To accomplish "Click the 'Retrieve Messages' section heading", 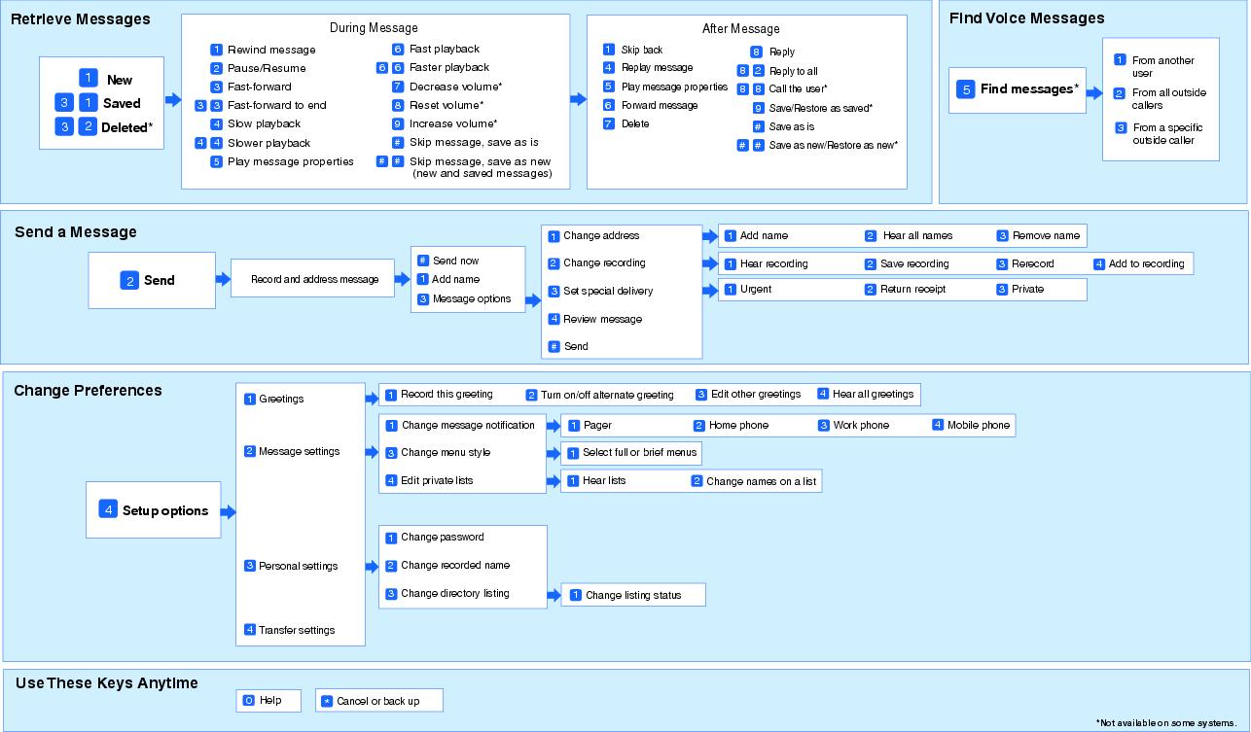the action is pos(81,19).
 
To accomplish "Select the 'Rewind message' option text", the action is pos(271,50).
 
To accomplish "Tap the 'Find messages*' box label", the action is pos(1029,89).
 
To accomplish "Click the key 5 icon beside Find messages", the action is pos(966,89).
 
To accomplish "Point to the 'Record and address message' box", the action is pos(313,278).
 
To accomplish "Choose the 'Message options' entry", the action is pos(472,298).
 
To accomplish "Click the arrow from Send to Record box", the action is pos(223,279).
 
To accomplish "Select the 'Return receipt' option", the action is pos(912,289).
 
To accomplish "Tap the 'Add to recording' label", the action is pos(1146,263).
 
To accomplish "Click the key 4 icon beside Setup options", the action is pos(108,509).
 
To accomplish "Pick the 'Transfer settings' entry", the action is pos(297,630).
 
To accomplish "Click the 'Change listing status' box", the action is pos(633,595).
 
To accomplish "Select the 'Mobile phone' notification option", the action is pos(979,425).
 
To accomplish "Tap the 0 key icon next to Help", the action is pos(249,700).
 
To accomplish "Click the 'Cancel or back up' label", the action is pos(378,701).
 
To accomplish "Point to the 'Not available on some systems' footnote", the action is pos(1166,722).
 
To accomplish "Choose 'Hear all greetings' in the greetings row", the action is pos(873,394).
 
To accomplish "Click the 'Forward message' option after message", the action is pos(660,105).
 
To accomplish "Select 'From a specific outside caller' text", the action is pos(1167,134).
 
